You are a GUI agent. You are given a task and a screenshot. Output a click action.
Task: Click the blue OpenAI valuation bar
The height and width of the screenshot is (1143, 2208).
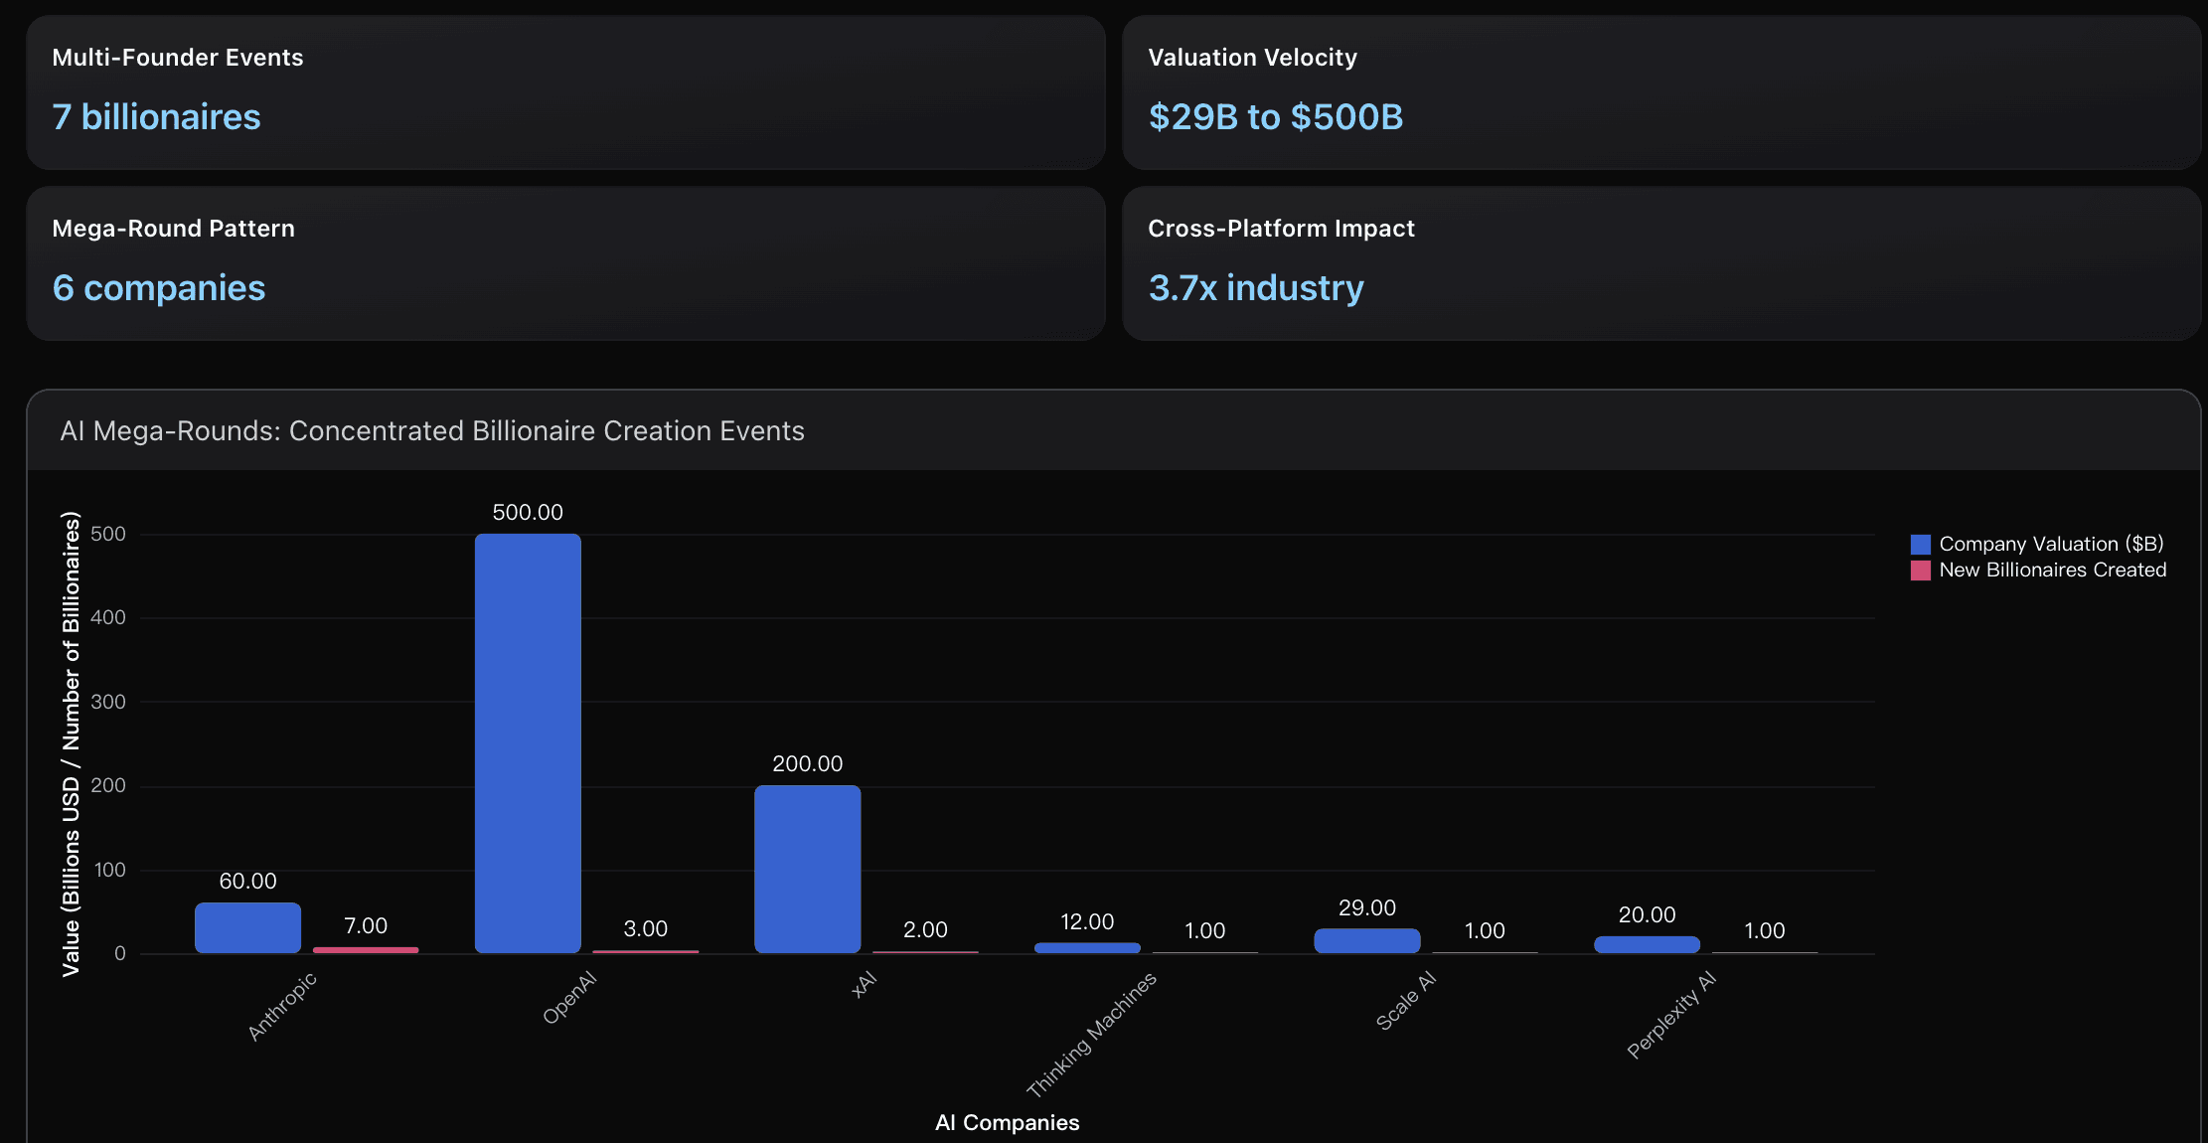pyautogui.click(x=528, y=743)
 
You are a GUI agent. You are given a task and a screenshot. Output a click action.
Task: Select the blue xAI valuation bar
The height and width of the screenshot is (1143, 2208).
pyautogui.click(x=807, y=869)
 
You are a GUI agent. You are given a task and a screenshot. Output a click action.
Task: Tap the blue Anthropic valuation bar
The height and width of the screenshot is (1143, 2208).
pyautogui.click(x=247, y=927)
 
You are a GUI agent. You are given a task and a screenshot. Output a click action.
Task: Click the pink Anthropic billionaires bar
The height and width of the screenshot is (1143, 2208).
pyautogui.click(x=366, y=950)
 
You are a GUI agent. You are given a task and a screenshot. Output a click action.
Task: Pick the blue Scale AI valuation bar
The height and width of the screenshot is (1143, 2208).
pyautogui.click(x=1366, y=940)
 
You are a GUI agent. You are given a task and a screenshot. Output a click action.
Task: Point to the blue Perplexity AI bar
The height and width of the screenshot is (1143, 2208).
pyautogui.click(x=1647, y=944)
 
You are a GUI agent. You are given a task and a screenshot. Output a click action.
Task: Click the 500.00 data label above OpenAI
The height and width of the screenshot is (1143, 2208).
pyautogui.click(x=528, y=512)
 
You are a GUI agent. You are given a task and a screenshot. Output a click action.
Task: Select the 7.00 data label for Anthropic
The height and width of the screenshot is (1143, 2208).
pyautogui.click(x=366, y=925)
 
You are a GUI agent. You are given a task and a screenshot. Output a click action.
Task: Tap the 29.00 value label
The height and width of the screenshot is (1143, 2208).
pyautogui.click(x=1366, y=907)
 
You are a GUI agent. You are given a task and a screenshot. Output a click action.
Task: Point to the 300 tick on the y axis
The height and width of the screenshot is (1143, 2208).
pyautogui.click(x=108, y=702)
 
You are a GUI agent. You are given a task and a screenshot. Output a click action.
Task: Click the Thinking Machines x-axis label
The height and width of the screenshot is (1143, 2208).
pyautogui.click(x=1091, y=1035)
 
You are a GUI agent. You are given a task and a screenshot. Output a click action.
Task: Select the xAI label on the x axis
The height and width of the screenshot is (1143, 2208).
pyautogui.click(x=865, y=984)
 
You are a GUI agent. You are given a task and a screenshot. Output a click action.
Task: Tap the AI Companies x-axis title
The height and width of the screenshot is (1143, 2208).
pyautogui.click(x=1007, y=1122)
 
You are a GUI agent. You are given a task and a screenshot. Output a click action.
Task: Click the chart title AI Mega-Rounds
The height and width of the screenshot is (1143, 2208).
pyautogui.click(x=432, y=430)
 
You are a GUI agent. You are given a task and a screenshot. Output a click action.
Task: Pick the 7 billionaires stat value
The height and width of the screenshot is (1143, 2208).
pyautogui.click(x=156, y=117)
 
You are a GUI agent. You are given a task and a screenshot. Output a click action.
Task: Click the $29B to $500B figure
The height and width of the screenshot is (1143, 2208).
pyautogui.click(x=1275, y=117)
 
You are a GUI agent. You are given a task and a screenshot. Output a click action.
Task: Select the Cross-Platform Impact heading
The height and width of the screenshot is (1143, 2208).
pyautogui.click(x=1281, y=229)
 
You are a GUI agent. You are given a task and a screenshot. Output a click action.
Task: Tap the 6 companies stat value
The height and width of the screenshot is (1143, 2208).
pyautogui.click(x=159, y=288)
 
